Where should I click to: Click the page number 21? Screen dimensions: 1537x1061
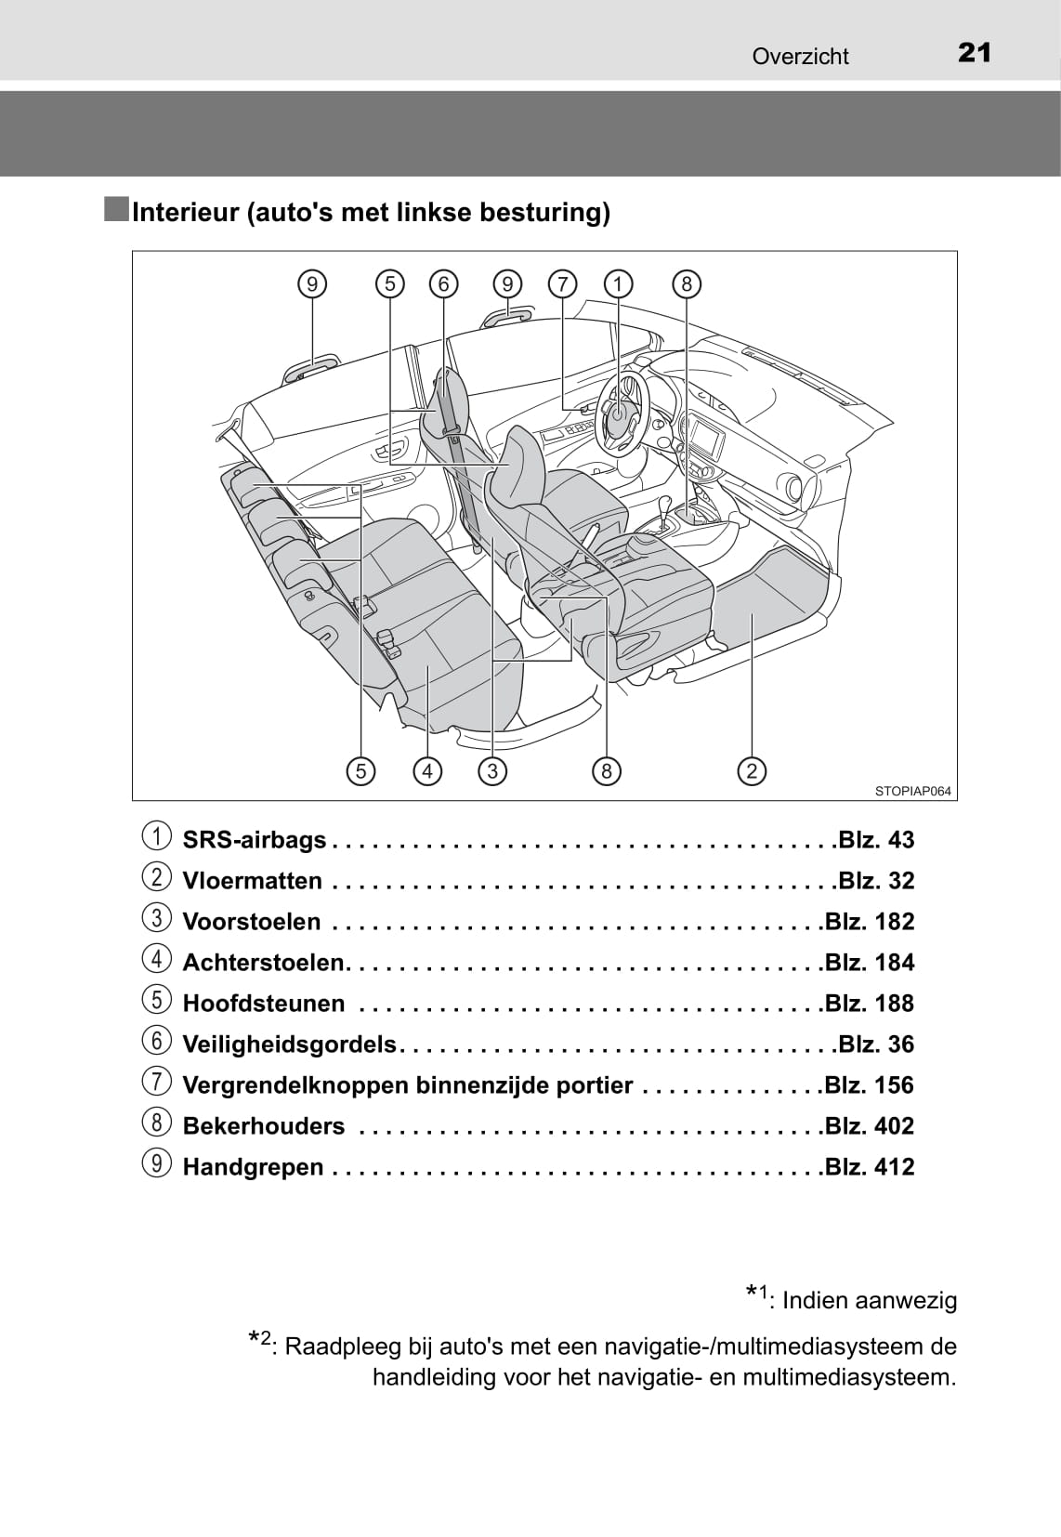(x=974, y=53)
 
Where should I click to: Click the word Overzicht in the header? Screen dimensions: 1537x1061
(x=800, y=57)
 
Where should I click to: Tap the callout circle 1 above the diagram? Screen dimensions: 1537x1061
(x=618, y=283)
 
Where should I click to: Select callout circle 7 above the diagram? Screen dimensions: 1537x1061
(x=562, y=283)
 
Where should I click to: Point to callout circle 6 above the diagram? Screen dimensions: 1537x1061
(x=444, y=283)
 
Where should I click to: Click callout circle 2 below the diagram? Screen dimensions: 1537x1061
(x=752, y=770)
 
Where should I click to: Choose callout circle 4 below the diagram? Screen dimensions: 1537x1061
(x=427, y=770)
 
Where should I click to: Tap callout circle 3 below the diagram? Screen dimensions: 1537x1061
(x=492, y=770)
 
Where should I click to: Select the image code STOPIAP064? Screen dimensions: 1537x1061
(x=912, y=792)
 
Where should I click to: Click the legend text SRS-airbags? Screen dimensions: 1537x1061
(x=255, y=840)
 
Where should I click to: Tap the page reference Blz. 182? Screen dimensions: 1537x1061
(x=870, y=922)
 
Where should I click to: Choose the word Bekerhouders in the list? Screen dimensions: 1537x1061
(x=264, y=1126)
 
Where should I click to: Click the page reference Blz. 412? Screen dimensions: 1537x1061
(x=870, y=1167)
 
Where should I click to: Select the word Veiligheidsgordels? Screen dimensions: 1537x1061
(x=290, y=1044)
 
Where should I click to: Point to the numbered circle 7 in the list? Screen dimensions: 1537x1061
(x=157, y=1082)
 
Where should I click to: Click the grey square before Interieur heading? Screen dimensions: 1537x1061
(x=117, y=210)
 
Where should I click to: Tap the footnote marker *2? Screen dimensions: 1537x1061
(x=259, y=1341)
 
